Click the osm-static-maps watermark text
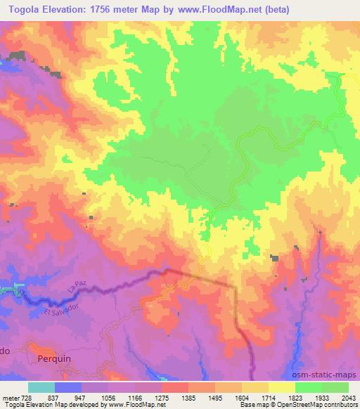(x=330, y=374)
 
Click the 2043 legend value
(x=347, y=397)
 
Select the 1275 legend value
(x=162, y=397)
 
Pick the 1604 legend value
(x=241, y=397)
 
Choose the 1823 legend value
(x=295, y=397)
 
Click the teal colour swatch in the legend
(x=41, y=387)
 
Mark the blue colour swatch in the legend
(x=68, y=387)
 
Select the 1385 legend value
(x=188, y=397)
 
